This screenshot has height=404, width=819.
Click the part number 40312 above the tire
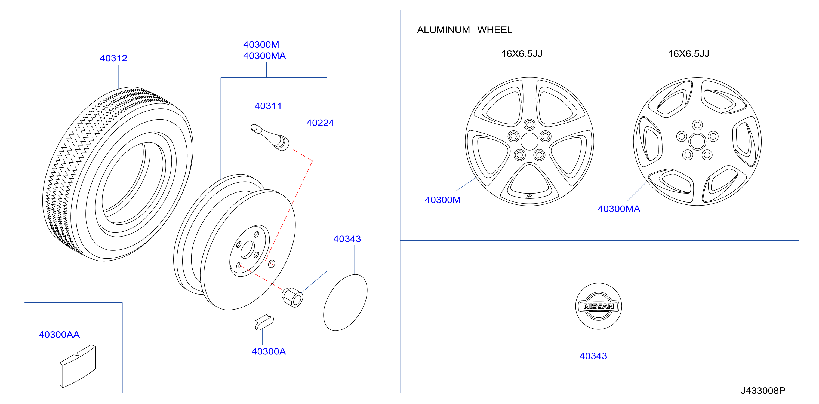pos(113,58)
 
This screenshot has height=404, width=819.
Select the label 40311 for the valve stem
pos(268,106)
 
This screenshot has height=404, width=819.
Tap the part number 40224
pos(320,123)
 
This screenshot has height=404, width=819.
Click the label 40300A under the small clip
pos(269,351)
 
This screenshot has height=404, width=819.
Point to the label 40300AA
pos(59,335)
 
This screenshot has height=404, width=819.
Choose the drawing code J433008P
pos(763,391)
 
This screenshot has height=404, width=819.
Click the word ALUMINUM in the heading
pos(443,30)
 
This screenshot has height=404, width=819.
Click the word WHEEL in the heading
pos(495,30)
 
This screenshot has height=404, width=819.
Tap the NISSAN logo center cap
pos(598,306)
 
